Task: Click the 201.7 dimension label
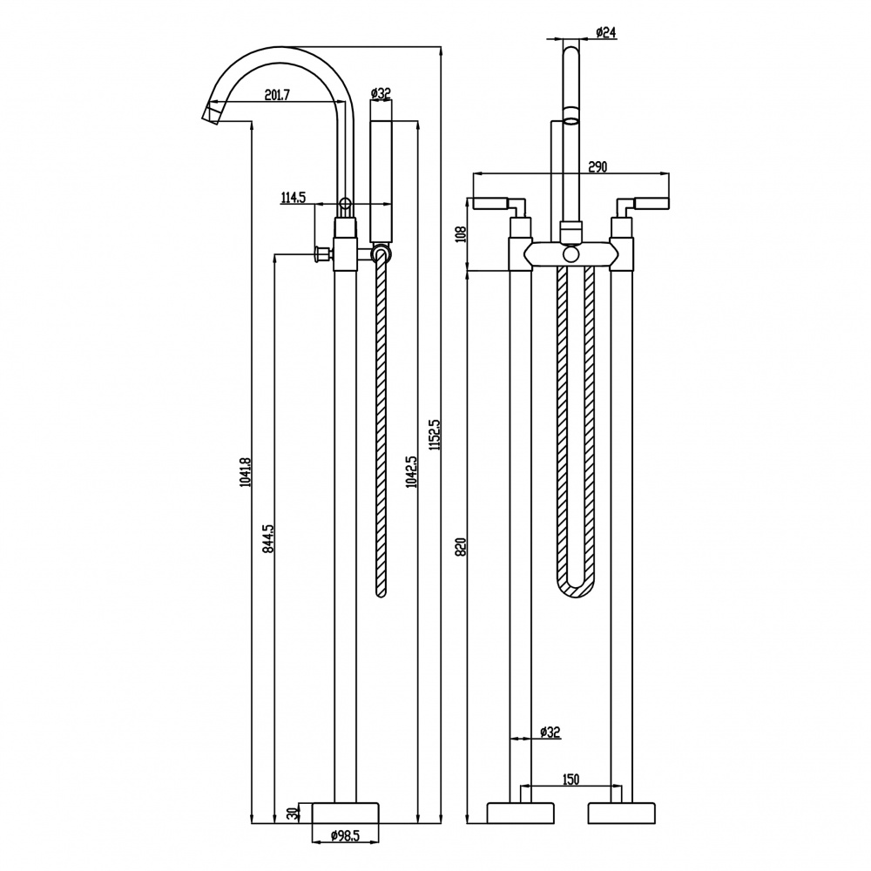pyautogui.click(x=277, y=95)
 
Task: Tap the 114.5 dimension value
pyautogui.click(x=294, y=197)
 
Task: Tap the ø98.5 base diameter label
pyautogui.click(x=346, y=835)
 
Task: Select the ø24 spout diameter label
pyautogui.click(x=605, y=33)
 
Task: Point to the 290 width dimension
pyautogui.click(x=598, y=166)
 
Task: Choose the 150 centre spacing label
pyautogui.click(x=570, y=780)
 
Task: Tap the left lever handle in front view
pyautogui.click(x=499, y=206)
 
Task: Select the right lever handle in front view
pyautogui.click(x=642, y=206)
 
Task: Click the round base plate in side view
pyautogui.click(x=345, y=813)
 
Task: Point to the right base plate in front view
pyautogui.click(x=621, y=813)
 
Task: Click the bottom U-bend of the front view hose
pyautogui.click(x=575, y=589)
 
